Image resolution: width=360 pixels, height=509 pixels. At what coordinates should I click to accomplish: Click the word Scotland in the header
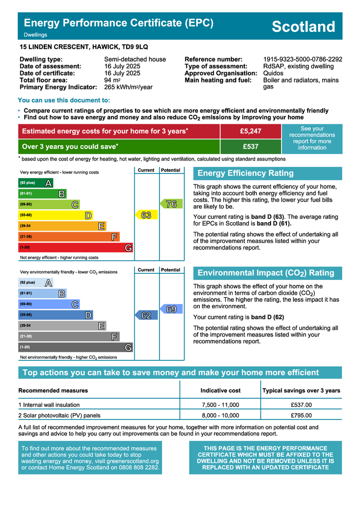coord(303,26)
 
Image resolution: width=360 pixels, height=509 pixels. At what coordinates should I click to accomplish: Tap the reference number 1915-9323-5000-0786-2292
coord(302,59)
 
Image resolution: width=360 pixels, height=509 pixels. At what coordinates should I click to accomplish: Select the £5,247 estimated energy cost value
coord(250,131)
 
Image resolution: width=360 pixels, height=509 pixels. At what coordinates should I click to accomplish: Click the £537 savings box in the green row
coord(250,147)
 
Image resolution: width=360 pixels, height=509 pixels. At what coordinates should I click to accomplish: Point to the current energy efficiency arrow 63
coord(146,215)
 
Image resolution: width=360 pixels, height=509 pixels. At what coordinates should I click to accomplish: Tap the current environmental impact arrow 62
coord(146,315)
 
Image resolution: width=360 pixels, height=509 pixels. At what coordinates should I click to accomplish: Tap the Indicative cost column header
coord(220,390)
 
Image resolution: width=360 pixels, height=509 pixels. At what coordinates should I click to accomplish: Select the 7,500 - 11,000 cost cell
coord(220,405)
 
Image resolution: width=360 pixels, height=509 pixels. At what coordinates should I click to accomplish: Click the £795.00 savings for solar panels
coord(301,416)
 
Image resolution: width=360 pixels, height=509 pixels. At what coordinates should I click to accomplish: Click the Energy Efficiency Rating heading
coord(246,173)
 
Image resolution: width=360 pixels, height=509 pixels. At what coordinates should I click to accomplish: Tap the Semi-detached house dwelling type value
coord(135,59)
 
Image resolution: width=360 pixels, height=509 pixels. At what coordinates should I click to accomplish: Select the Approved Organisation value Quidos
coord(273,73)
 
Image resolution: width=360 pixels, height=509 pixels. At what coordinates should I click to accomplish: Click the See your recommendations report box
coord(312,138)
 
